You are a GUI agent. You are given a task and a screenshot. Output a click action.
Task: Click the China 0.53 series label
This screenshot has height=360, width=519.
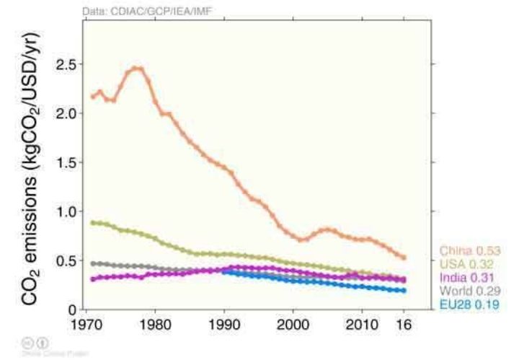click(470, 251)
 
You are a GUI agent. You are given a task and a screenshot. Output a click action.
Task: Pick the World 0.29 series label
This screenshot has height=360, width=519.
click(469, 291)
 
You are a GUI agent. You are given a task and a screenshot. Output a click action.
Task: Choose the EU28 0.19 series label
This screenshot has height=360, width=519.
click(469, 304)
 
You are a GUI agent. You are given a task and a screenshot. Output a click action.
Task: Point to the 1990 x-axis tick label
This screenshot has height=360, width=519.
click(225, 325)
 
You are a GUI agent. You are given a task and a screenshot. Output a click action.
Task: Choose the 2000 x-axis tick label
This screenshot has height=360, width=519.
click(293, 325)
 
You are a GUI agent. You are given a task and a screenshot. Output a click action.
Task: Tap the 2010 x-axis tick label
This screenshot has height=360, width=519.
click(362, 325)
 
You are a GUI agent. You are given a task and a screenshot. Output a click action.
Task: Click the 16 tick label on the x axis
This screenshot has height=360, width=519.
click(404, 325)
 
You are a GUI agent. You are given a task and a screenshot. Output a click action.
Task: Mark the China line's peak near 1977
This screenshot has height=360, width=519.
click(137, 69)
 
